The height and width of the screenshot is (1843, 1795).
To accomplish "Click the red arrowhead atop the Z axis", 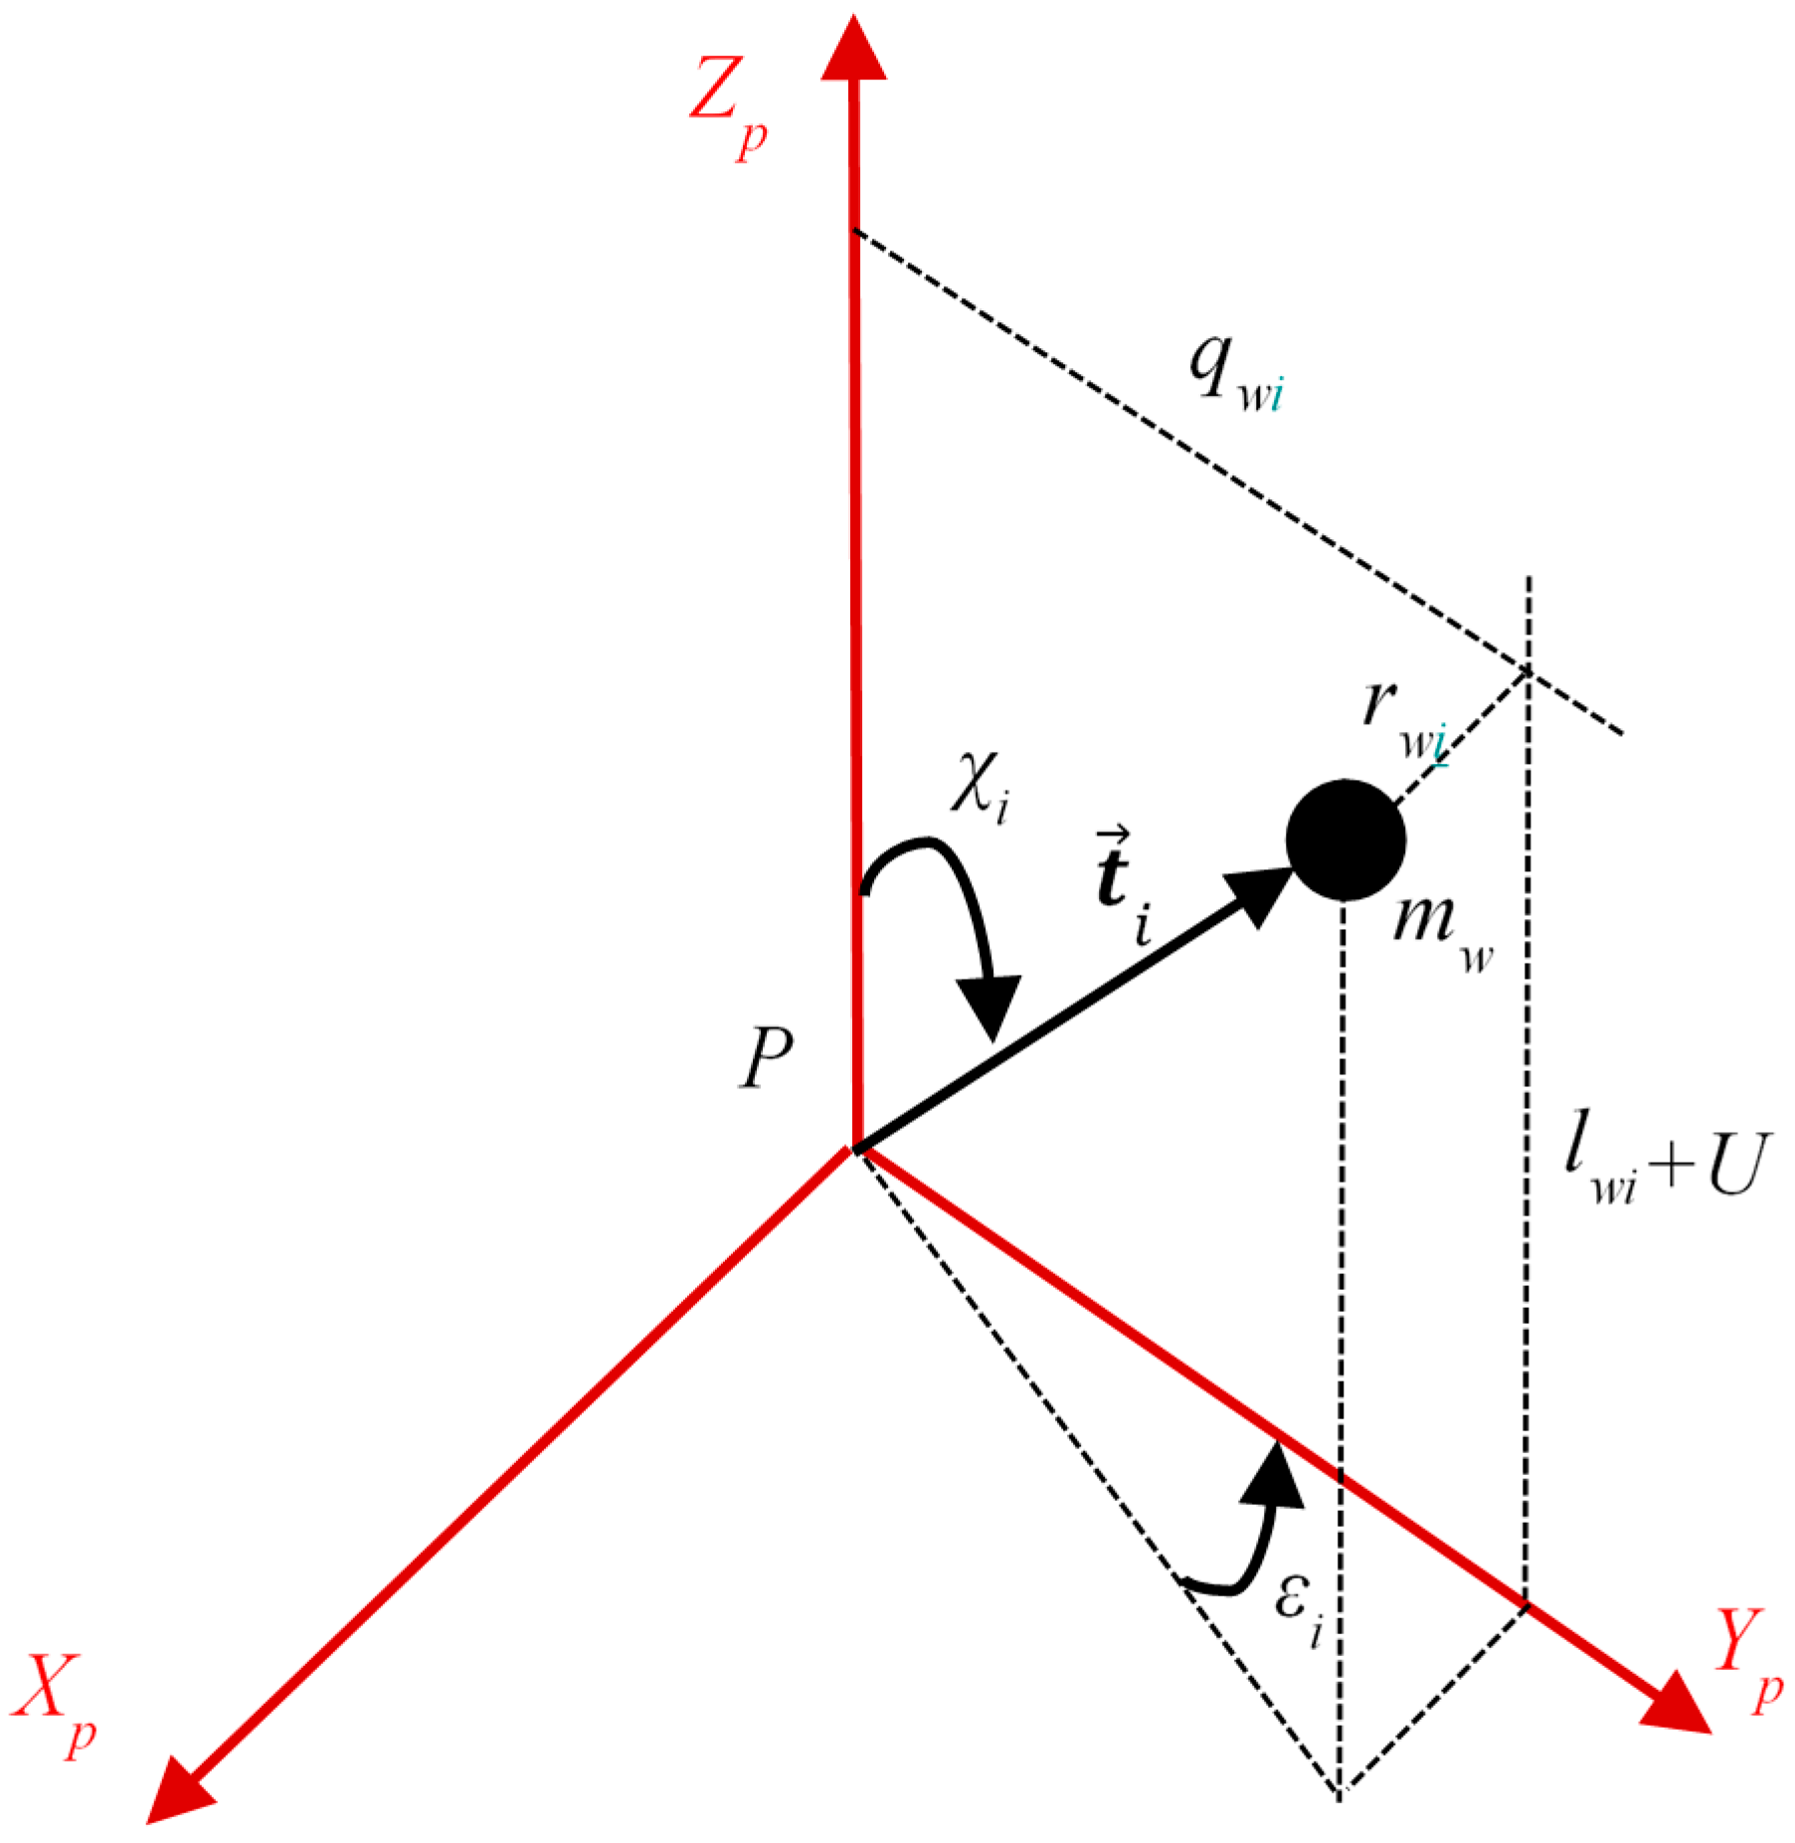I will (853, 50).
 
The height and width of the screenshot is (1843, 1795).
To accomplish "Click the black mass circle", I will (1345, 840).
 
